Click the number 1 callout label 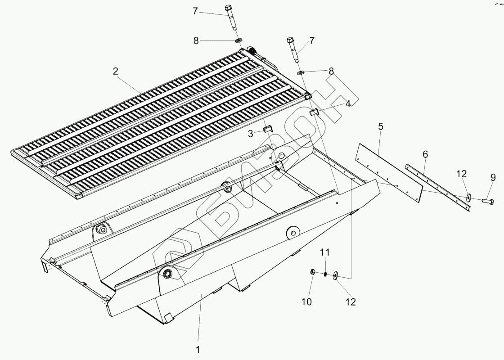[198, 349]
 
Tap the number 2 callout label [115, 71]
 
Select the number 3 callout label [251, 134]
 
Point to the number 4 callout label [348, 104]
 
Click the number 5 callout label [381, 126]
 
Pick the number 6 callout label [425, 154]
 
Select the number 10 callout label [306, 302]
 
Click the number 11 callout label [325, 252]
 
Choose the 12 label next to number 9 [461, 174]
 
